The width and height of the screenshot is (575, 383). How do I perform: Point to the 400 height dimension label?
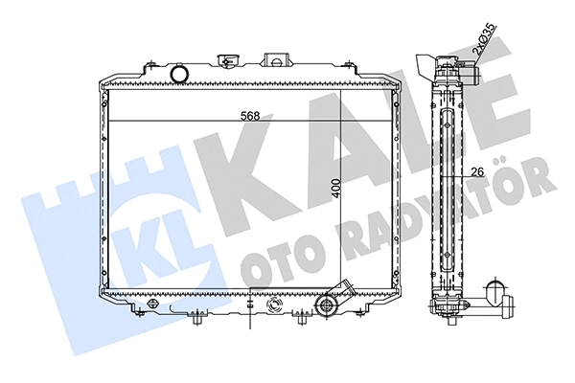pyautogui.click(x=336, y=188)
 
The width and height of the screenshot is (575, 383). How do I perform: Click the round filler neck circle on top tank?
pyautogui.click(x=178, y=74)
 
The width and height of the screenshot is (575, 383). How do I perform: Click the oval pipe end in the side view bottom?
pyautogui.click(x=495, y=292)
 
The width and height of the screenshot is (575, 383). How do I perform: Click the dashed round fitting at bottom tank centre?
pyautogui.click(x=274, y=307)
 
